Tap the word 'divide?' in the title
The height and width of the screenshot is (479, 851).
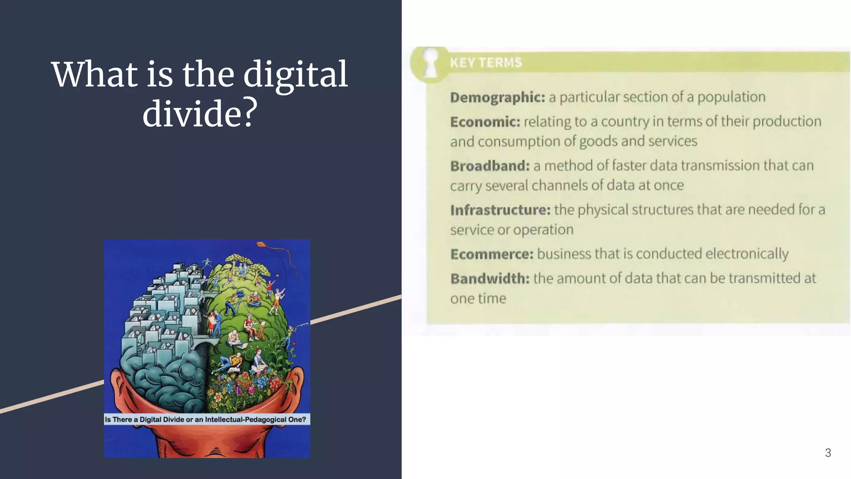200,114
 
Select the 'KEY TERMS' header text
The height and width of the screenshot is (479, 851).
486,63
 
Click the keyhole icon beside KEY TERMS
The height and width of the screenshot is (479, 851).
430,63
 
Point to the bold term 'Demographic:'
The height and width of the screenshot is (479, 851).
497,97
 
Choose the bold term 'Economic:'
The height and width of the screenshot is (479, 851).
485,122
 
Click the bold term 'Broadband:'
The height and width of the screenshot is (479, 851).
490,166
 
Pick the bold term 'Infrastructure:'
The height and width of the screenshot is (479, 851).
500,210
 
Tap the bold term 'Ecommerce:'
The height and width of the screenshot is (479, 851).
492,254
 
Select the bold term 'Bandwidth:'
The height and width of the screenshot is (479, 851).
490,279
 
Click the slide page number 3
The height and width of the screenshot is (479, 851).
828,453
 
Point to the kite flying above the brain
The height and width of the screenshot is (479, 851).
261,244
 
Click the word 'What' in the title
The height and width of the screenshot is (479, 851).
94,75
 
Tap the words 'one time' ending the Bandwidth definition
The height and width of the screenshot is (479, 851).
478,299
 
